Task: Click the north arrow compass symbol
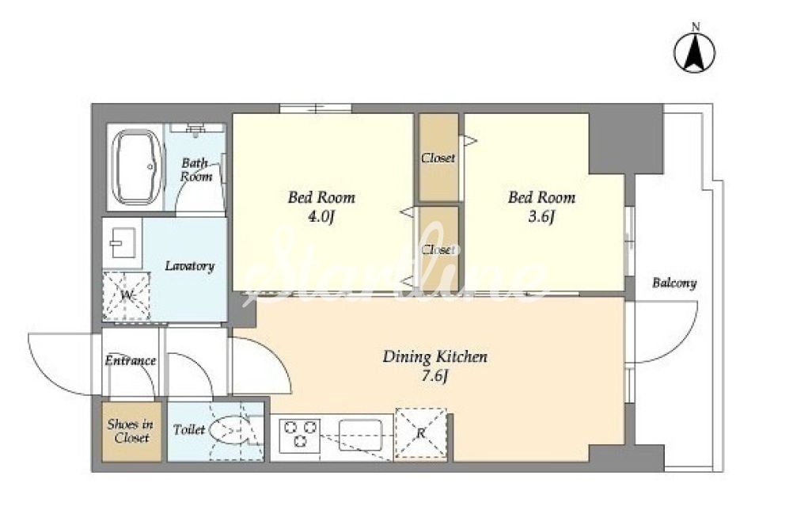click(695, 52)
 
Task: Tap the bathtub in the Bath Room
click(137, 167)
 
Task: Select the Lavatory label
click(190, 266)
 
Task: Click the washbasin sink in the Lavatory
click(123, 243)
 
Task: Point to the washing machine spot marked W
click(127, 296)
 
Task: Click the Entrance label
click(131, 360)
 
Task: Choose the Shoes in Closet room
click(131, 432)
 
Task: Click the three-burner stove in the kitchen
click(301, 434)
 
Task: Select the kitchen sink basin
click(361, 435)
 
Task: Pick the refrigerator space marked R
click(421, 433)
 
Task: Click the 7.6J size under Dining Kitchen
click(436, 377)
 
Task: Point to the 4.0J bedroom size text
click(321, 217)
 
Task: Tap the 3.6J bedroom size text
click(541, 217)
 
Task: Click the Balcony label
click(674, 283)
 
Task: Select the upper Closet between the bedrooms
click(438, 158)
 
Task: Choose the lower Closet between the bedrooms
click(438, 248)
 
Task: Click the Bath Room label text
click(196, 170)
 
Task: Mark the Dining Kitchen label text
click(435, 356)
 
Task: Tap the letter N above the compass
click(696, 27)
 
